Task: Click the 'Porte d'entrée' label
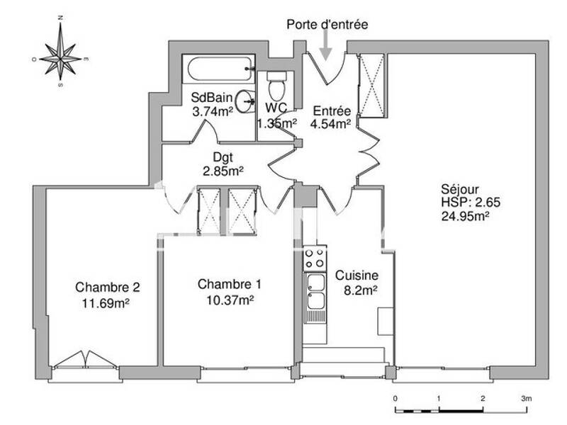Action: [x=327, y=25]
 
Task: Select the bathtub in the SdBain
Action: [x=218, y=70]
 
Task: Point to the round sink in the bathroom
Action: [x=245, y=101]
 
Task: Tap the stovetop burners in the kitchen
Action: [x=314, y=258]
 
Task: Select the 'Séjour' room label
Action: [x=460, y=190]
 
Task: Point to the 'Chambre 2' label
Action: [x=108, y=288]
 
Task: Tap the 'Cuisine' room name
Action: [x=357, y=276]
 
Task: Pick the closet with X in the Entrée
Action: [x=371, y=84]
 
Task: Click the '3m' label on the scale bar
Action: [x=526, y=399]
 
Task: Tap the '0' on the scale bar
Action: [x=395, y=399]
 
